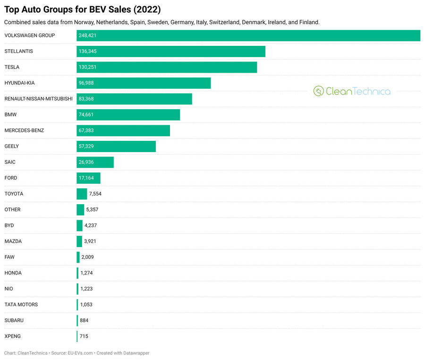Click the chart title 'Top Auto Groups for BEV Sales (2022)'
tap(82, 9)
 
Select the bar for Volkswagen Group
tap(248, 35)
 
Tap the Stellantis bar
tap(171, 51)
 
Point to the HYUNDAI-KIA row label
tap(19, 83)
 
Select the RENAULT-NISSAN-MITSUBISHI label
tap(38, 99)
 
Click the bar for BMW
tap(128, 114)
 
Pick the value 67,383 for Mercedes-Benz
tap(88, 130)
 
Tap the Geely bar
tap(116, 146)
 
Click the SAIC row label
tap(10, 162)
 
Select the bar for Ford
tap(88, 178)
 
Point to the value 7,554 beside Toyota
tap(95, 194)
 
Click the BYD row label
tap(9, 225)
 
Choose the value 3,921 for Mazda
tap(90, 241)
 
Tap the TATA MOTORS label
tap(21, 305)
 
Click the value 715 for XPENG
tap(84, 336)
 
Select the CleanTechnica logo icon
tap(318, 91)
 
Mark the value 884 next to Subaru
tap(84, 320)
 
